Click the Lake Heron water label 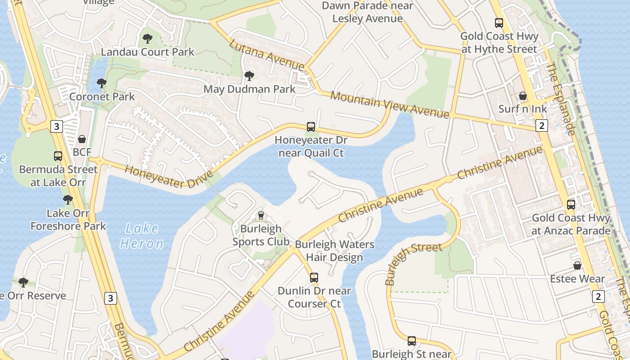[x=141, y=236]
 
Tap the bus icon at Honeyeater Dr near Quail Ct [x=310, y=127]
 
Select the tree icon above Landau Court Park [x=147, y=39]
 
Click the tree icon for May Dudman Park [x=249, y=76]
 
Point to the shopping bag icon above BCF [x=82, y=139]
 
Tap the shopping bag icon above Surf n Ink [x=523, y=96]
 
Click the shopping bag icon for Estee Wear [x=577, y=265]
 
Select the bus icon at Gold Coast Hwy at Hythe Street [x=499, y=23]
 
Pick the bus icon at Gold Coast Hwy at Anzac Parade [x=571, y=205]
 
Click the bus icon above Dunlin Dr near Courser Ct [x=314, y=278]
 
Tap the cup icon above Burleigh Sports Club [x=261, y=216]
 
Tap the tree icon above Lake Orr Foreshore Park [x=68, y=199]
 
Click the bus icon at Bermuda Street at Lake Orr [x=58, y=156]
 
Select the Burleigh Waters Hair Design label [x=334, y=251]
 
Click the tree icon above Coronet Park [x=102, y=83]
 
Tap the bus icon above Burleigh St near [x=412, y=341]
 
